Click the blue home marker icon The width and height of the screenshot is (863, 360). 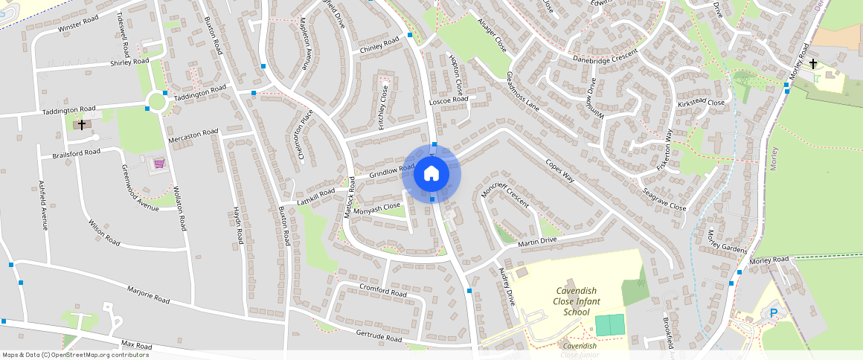tap(431, 174)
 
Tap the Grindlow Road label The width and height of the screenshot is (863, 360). tap(392, 172)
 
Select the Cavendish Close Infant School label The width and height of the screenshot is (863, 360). tap(577, 301)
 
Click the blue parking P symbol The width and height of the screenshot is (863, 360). tap(774, 314)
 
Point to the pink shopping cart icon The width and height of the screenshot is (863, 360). tap(158, 163)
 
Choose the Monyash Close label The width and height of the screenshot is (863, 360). tap(377, 209)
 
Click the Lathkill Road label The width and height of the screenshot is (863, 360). tap(317, 196)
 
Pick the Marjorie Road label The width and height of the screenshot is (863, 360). tap(149, 295)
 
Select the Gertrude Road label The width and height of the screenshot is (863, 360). tap(379, 336)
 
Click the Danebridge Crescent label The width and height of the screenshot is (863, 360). tap(606, 57)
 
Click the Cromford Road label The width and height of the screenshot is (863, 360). tap(383, 290)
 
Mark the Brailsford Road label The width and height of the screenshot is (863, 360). tap(76, 153)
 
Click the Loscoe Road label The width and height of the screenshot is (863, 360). tap(449, 100)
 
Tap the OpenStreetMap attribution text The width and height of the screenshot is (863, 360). tap(75, 355)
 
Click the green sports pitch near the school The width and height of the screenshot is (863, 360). tap(610, 325)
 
